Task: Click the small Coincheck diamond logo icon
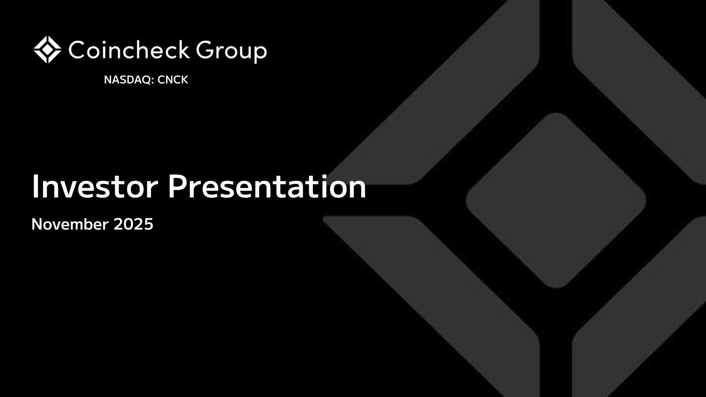47,50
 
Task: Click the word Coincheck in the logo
129,50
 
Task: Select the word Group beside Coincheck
232,52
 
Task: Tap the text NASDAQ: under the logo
129,80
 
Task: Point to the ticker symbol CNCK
173,80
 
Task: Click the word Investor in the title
95,187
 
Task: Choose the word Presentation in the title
267,187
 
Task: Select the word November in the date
70,224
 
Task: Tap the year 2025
133,224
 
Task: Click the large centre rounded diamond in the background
556,201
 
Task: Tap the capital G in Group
205,50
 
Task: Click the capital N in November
38,224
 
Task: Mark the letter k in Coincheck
182,50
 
